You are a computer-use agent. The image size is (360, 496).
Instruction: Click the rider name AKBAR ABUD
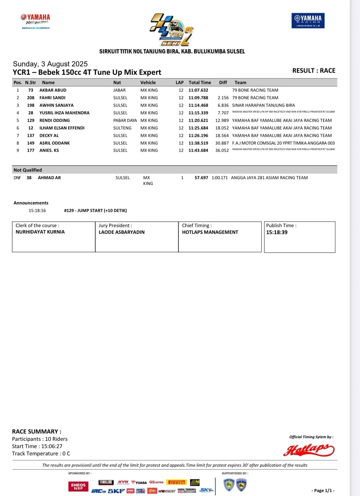pyautogui.click(x=53, y=90)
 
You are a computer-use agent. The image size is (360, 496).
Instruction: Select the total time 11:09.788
pyautogui.click(x=198, y=98)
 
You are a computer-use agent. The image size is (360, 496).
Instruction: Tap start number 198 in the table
pyautogui.click(x=31, y=105)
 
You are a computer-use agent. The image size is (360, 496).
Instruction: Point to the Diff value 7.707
pyautogui.click(x=223, y=113)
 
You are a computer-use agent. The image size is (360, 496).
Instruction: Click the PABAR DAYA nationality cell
pyautogui.click(x=125, y=121)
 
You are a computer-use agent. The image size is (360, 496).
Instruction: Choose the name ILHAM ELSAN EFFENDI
pyautogui.click(x=62, y=128)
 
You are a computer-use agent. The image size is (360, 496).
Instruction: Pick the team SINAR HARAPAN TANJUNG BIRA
pyautogui.click(x=263, y=105)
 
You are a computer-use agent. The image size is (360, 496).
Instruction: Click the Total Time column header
pyautogui.click(x=200, y=82)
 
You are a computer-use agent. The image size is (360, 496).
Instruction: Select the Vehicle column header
pyautogui.click(x=148, y=82)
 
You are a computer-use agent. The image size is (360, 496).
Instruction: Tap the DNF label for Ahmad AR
pyautogui.click(x=17, y=178)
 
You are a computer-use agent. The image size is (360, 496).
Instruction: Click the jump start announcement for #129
pyautogui.click(x=95, y=210)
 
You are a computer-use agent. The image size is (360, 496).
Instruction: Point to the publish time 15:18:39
pyautogui.click(x=277, y=232)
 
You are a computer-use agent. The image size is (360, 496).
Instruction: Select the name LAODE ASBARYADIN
pyautogui.click(x=121, y=232)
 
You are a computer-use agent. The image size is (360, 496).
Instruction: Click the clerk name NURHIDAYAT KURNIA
pyautogui.click(x=40, y=232)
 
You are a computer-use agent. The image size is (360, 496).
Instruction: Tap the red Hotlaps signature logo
pyautogui.click(x=309, y=450)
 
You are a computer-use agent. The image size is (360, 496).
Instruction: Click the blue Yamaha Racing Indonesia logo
pyautogui.click(x=308, y=20)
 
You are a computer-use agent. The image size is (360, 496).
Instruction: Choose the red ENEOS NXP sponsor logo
pyautogui.click(x=78, y=486)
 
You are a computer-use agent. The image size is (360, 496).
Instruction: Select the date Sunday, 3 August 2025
pyautogui.click(x=50, y=64)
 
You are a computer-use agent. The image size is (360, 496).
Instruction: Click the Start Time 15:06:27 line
pyautogui.click(x=37, y=446)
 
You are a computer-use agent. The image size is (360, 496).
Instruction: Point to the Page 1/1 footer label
pyautogui.click(x=323, y=490)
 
